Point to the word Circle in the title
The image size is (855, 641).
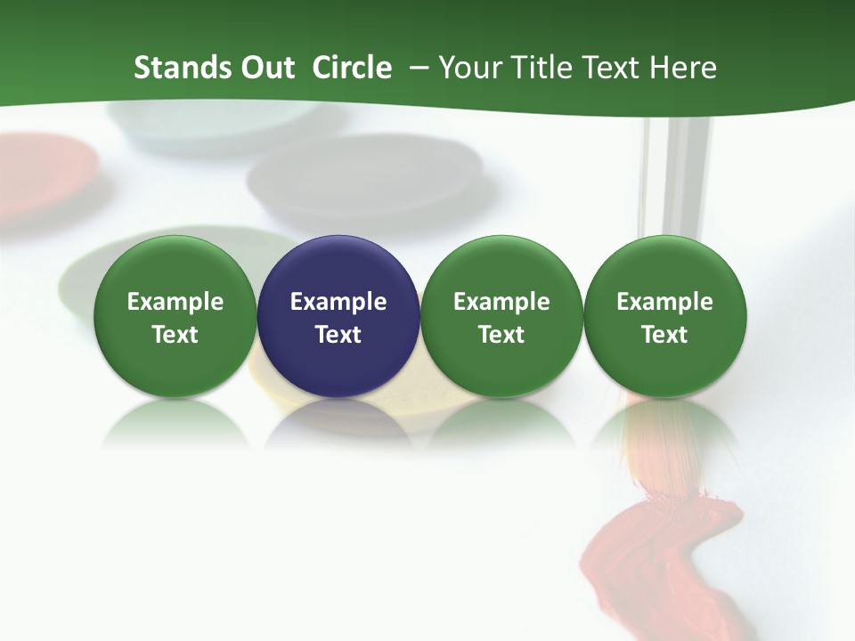click(352, 68)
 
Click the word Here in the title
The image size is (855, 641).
click(683, 68)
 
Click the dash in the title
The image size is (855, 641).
click(417, 69)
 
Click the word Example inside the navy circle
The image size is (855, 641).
click(338, 302)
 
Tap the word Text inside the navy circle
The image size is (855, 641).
click(338, 335)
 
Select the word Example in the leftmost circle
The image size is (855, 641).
click(175, 302)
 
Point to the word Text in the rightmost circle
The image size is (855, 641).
click(664, 335)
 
